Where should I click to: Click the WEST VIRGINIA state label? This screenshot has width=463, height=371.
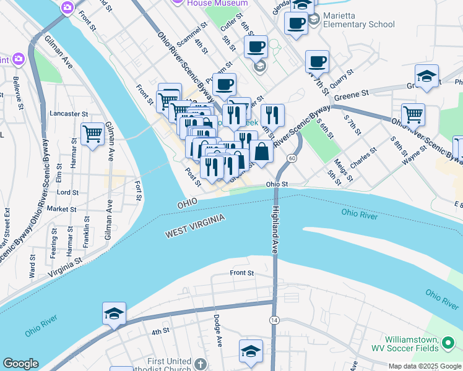point(194,225)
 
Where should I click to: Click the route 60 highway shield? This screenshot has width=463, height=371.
point(291,159)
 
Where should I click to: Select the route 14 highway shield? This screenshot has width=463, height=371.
point(273,319)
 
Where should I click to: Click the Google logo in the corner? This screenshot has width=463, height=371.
point(20,364)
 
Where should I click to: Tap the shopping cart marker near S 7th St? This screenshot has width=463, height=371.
point(413,114)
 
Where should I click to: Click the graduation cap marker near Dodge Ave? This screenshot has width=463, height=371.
point(251,351)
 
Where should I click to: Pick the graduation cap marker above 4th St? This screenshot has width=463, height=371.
point(114,313)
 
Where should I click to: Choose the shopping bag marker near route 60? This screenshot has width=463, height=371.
point(261,151)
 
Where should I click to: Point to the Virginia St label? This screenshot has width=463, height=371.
point(64,267)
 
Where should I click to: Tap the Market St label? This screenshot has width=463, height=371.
point(61,209)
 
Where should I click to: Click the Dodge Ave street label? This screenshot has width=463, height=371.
point(217,330)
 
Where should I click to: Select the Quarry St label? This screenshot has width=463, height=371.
point(341,80)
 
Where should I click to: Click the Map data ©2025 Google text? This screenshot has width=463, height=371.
point(424,366)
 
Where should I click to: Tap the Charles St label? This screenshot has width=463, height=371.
point(363,157)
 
